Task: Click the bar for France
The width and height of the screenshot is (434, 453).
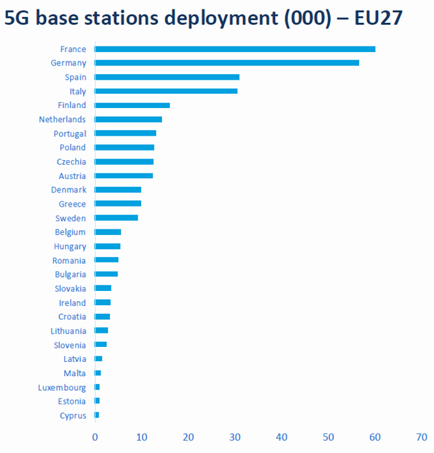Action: pos(235,49)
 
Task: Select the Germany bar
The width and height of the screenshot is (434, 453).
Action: pos(227,63)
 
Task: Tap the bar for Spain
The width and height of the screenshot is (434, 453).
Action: pos(167,77)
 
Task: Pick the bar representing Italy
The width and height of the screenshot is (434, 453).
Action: pos(166,91)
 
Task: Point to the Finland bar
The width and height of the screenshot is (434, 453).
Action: pos(132,105)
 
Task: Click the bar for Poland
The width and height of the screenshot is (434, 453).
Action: pos(125,147)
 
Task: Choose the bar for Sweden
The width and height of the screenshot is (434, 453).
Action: pos(117,218)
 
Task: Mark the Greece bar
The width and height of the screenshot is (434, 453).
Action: pos(118,204)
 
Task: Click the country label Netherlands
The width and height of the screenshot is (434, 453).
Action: pos(63,119)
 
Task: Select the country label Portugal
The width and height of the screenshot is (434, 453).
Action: pos(70,134)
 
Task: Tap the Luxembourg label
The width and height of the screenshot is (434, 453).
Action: pos(62,388)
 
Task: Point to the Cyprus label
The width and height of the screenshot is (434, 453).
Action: pos(73,416)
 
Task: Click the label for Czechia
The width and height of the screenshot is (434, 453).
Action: pos(72,162)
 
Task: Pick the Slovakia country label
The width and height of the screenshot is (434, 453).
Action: pos(70,289)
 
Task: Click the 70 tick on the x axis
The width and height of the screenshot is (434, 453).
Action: pos(422,436)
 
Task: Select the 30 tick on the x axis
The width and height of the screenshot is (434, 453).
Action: pos(235,436)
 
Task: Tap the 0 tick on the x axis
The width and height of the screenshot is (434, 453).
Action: pos(95,436)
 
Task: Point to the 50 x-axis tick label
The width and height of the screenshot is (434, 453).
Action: pos(329,436)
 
